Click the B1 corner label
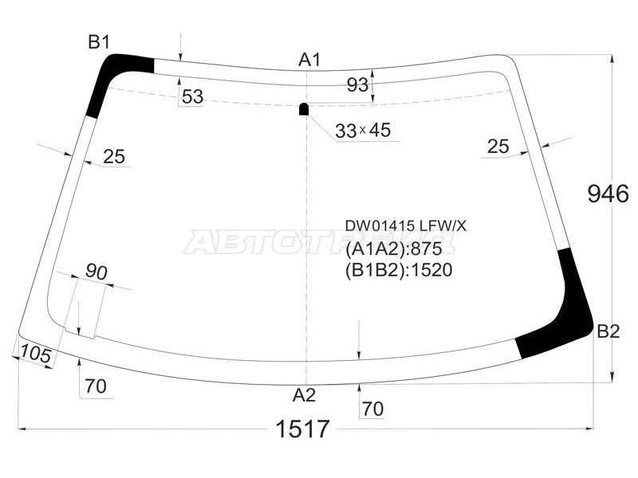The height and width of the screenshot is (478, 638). [98, 42]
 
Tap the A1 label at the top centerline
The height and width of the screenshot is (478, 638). [309, 60]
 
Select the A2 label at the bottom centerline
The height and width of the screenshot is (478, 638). [304, 394]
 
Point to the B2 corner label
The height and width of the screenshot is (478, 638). [608, 332]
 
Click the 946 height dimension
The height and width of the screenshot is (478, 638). [608, 194]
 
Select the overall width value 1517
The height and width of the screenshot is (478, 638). [302, 429]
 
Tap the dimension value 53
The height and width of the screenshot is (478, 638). [192, 97]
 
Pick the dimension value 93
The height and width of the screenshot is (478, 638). [358, 84]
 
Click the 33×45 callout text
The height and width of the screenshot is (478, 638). [363, 131]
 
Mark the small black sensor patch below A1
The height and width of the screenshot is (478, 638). [304, 109]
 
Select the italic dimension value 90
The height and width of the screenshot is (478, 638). [96, 272]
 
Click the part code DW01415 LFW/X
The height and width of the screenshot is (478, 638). [405, 226]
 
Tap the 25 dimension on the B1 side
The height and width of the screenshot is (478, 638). [114, 157]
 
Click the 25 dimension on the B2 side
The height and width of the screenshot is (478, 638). [498, 146]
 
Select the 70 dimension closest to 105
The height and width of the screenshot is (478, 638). [95, 388]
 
